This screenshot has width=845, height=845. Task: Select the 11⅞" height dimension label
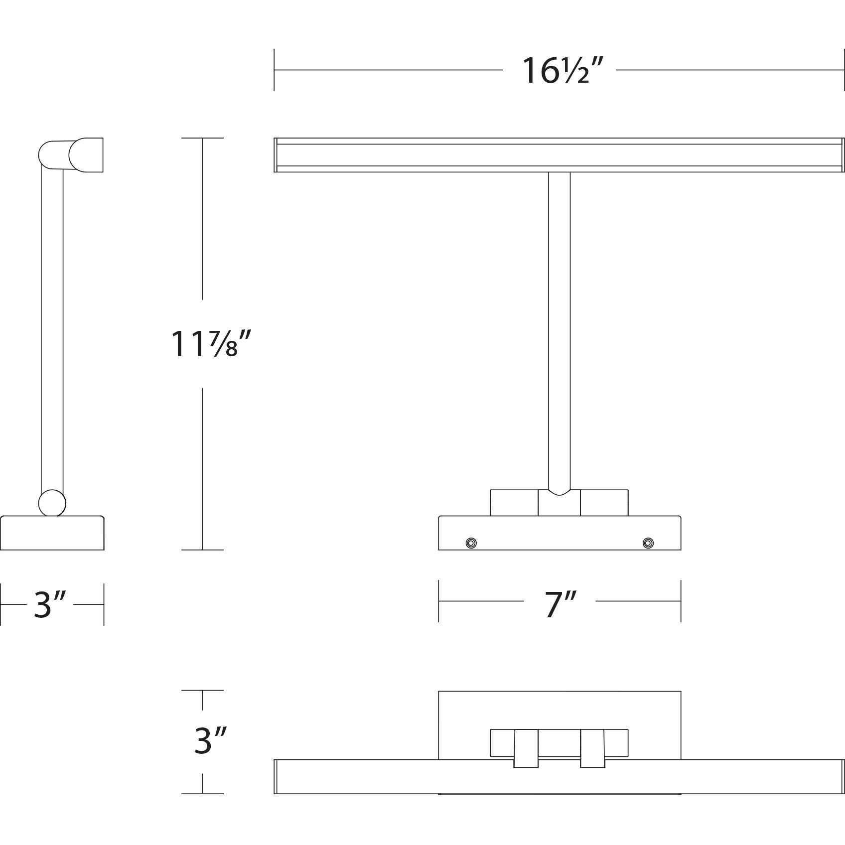pyautogui.click(x=209, y=344)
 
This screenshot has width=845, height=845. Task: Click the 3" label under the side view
pyautogui.click(x=50, y=605)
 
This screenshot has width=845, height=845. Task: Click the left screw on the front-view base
pyautogui.click(x=471, y=543)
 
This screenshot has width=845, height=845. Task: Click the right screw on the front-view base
pyautogui.click(x=648, y=542)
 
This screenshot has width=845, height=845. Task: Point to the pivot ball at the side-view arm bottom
pyautogui.click(x=52, y=503)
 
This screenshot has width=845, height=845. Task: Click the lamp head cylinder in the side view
pyautogui.click(x=82, y=155)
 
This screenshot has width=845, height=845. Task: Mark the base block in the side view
pyautogui.click(x=52, y=533)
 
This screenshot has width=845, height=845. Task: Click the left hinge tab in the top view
pyautogui.click(x=526, y=755)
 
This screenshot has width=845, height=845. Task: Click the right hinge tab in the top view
pyautogui.click(x=592, y=755)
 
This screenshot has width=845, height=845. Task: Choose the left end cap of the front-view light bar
pyautogui.click(x=276, y=155)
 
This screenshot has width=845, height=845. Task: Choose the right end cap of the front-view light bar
pyautogui.click(x=843, y=155)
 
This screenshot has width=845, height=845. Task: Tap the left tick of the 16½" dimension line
pyautogui.click(x=274, y=70)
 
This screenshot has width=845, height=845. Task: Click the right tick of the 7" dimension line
pyautogui.click(x=681, y=601)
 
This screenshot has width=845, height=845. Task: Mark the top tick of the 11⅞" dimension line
pyautogui.click(x=202, y=138)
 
